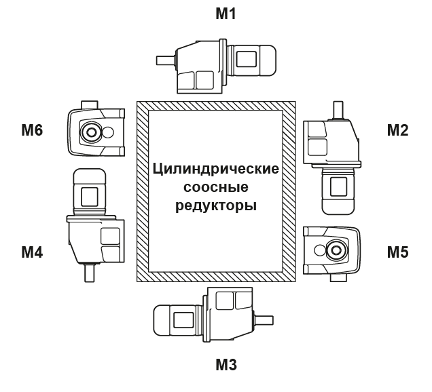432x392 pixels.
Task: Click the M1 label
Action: (x=224, y=13)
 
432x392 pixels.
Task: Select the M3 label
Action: (x=226, y=366)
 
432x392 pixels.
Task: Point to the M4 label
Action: (x=31, y=252)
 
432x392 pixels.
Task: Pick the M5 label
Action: (x=397, y=252)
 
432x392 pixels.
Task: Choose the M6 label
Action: (x=31, y=130)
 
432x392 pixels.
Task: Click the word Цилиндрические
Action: (x=216, y=169)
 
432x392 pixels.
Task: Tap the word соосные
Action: (x=216, y=187)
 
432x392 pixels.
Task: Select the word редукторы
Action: (x=216, y=204)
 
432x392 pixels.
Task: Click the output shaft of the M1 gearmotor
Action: (x=165, y=60)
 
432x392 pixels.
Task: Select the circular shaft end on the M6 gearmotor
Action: (x=90, y=131)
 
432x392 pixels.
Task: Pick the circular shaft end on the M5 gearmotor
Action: (x=334, y=252)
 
